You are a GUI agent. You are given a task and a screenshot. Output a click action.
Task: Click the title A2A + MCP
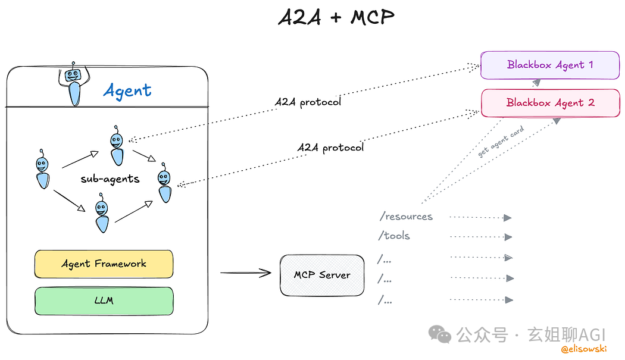[336, 17]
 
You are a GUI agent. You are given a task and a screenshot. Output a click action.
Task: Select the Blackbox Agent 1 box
[550, 65]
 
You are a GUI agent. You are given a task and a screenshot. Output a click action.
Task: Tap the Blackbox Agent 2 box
[550, 103]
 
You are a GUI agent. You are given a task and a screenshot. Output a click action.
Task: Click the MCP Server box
[322, 275]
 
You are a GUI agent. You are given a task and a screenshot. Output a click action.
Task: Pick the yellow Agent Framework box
[104, 264]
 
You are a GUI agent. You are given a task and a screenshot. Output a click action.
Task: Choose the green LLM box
[104, 300]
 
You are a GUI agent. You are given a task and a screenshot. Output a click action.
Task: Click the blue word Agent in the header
[127, 90]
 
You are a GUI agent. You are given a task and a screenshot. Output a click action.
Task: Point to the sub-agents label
[110, 178]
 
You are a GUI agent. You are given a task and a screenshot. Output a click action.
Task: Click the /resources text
[406, 217]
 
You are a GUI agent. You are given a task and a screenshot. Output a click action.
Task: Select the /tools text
[394, 236]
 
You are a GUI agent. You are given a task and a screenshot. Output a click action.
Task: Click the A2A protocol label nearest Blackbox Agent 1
[308, 102]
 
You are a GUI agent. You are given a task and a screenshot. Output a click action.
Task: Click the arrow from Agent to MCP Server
[246, 273]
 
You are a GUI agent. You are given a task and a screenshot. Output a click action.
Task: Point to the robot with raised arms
[74, 83]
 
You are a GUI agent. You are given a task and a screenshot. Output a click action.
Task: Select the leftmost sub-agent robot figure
[42, 169]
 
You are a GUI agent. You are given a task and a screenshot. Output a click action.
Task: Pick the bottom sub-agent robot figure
[102, 216]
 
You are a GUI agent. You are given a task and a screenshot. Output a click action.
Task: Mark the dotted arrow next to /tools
[480, 237]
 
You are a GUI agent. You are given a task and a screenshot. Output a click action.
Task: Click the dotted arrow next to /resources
[480, 218]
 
